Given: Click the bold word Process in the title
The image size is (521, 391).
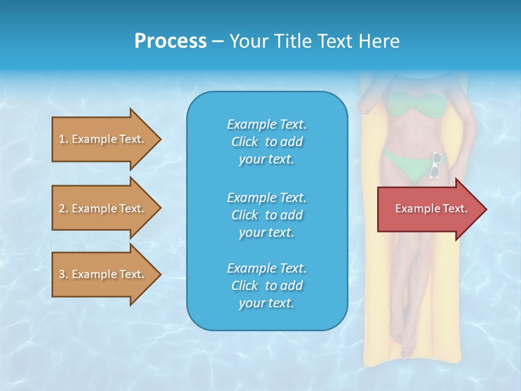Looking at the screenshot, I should (x=170, y=41).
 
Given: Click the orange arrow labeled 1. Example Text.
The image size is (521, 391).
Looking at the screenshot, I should (x=103, y=139).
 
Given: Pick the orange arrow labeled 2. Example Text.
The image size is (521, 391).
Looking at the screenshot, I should (x=103, y=209).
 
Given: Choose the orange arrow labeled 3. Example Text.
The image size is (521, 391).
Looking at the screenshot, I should (x=103, y=274).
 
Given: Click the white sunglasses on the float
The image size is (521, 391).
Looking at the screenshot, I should (x=436, y=165).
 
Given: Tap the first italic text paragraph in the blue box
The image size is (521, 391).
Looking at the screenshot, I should (x=266, y=142).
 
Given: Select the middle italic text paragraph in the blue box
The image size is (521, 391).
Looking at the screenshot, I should (x=266, y=215).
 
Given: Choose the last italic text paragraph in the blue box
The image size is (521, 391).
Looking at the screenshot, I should (x=266, y=286).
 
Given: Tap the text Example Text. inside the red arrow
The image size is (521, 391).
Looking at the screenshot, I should (x=431, y=209).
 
